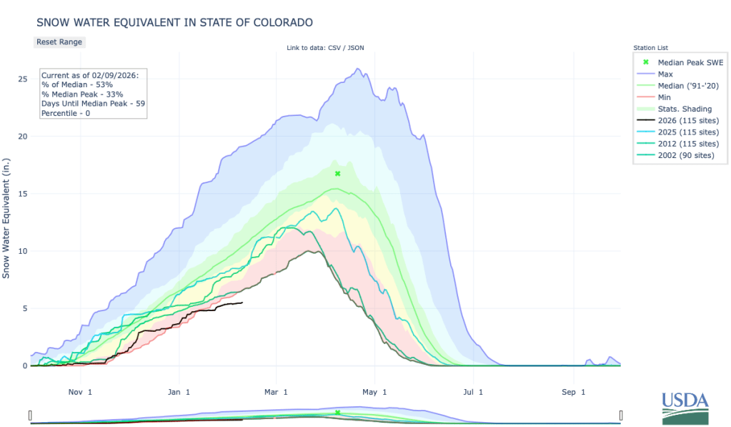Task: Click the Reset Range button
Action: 59,42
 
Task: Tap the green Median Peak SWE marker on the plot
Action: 338,174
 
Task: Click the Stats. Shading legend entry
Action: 680,108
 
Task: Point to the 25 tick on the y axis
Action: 23,79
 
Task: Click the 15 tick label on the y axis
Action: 23,194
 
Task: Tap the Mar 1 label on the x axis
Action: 276,392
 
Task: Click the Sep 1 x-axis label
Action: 572,392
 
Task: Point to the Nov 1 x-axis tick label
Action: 80,392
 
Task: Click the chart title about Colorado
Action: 174,22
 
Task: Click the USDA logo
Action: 685,409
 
